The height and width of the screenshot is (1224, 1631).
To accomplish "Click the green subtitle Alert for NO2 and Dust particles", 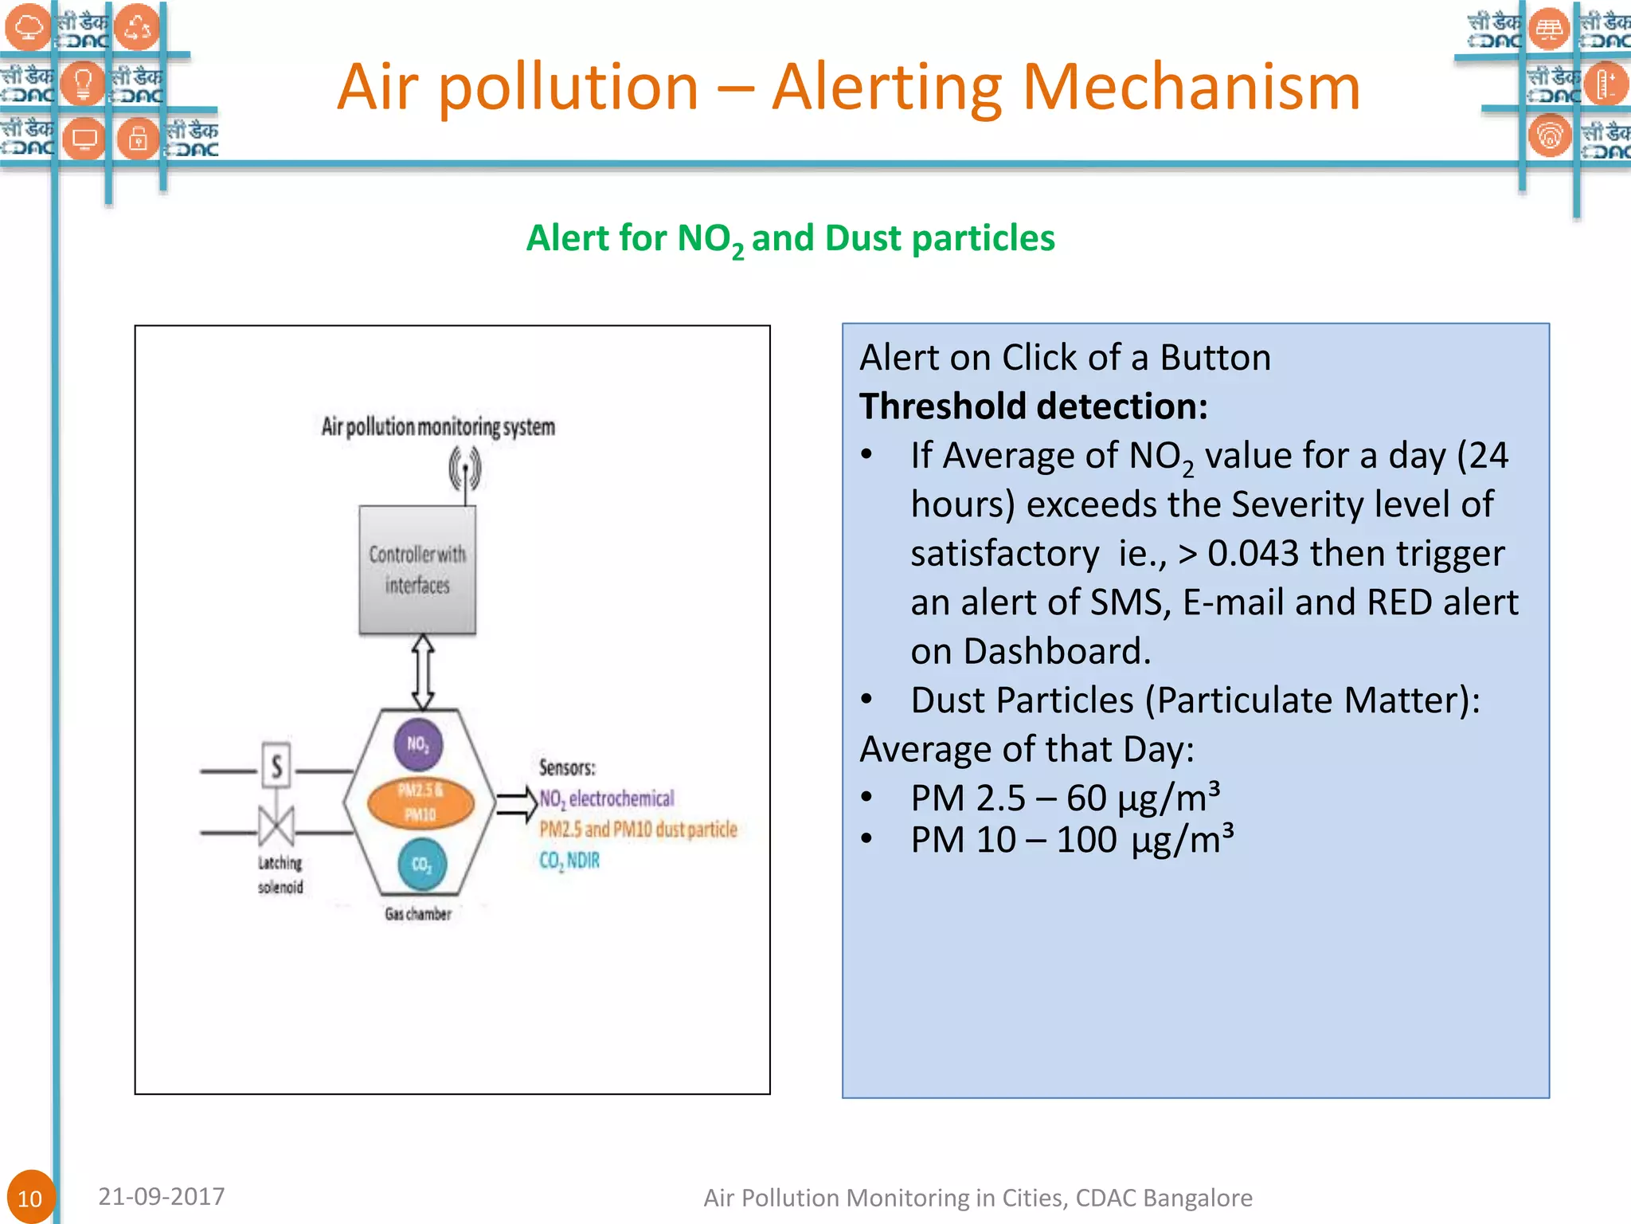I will click(790, 238).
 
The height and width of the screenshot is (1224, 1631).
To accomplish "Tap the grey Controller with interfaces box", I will click(417, 570).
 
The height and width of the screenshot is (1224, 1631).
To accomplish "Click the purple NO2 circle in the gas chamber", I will click(418, 744).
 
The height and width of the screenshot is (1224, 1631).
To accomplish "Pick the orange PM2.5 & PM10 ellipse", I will click(420, 802).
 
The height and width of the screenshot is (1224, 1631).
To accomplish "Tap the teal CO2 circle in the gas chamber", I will click(421, 865).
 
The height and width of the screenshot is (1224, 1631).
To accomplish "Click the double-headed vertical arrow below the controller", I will click(423, 673).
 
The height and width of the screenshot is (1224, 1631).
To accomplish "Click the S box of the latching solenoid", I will click(276, 766).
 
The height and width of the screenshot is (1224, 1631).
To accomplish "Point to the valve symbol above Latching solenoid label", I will click(276, 825).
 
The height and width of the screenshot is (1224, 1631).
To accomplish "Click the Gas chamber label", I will click(418, 914).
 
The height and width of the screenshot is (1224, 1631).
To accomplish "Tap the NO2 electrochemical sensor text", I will click(607, 798).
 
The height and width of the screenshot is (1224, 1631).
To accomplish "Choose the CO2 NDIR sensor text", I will click(569, 861).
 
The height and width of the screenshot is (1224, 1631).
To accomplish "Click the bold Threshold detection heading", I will click(1033, 406).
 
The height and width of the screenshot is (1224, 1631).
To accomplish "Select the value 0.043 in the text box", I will click(1253, 553).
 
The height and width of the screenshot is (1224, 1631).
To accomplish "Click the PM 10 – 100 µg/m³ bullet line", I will click(1071, 840).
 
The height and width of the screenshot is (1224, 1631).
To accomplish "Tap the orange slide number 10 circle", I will click(29, 1197).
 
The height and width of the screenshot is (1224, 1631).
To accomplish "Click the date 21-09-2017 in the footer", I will click(162, 1196).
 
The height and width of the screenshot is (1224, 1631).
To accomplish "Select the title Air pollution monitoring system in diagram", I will click(438, 426).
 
